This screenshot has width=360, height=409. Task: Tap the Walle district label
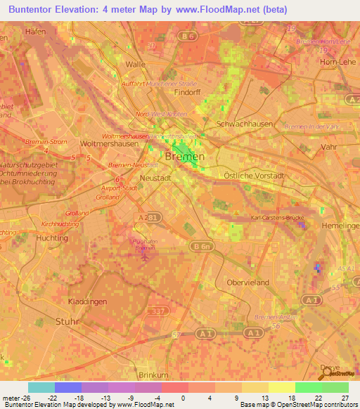[x=134, y=64]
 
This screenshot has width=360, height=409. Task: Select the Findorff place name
[x=188, y=92]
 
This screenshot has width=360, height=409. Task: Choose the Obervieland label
[x=248, y=282]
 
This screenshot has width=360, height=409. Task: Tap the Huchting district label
[x=51, y=238]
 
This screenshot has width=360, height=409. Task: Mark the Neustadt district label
[x=155, y=178]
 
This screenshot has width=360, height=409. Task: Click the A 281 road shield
[x=147, y=219]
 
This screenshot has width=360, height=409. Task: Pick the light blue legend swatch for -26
[x=41, y=387]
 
